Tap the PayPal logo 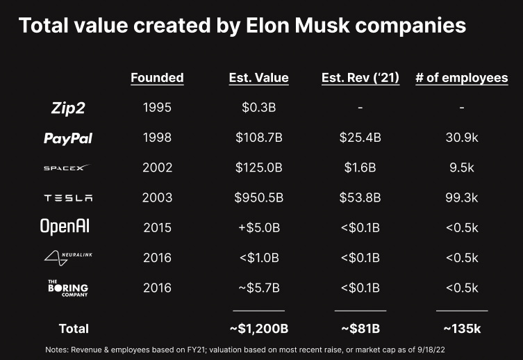[67, 138]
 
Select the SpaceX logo [67, 168]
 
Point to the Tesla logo [67, 197]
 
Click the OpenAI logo [65, 227]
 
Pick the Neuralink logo [67, 258]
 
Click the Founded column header [157, 78]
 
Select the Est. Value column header [258, 78]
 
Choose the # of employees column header [461, 78]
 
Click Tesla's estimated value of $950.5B [258, 197]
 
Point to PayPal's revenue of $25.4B [360, 138]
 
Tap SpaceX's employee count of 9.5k [461, 167]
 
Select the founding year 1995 [157, 108]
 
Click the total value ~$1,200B [258, 327]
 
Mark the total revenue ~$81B [360, 327]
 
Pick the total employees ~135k [461, 327]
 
